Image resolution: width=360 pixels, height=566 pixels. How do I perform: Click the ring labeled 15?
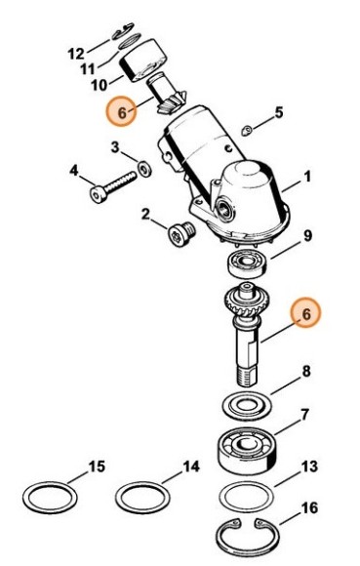click(49, 498)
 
